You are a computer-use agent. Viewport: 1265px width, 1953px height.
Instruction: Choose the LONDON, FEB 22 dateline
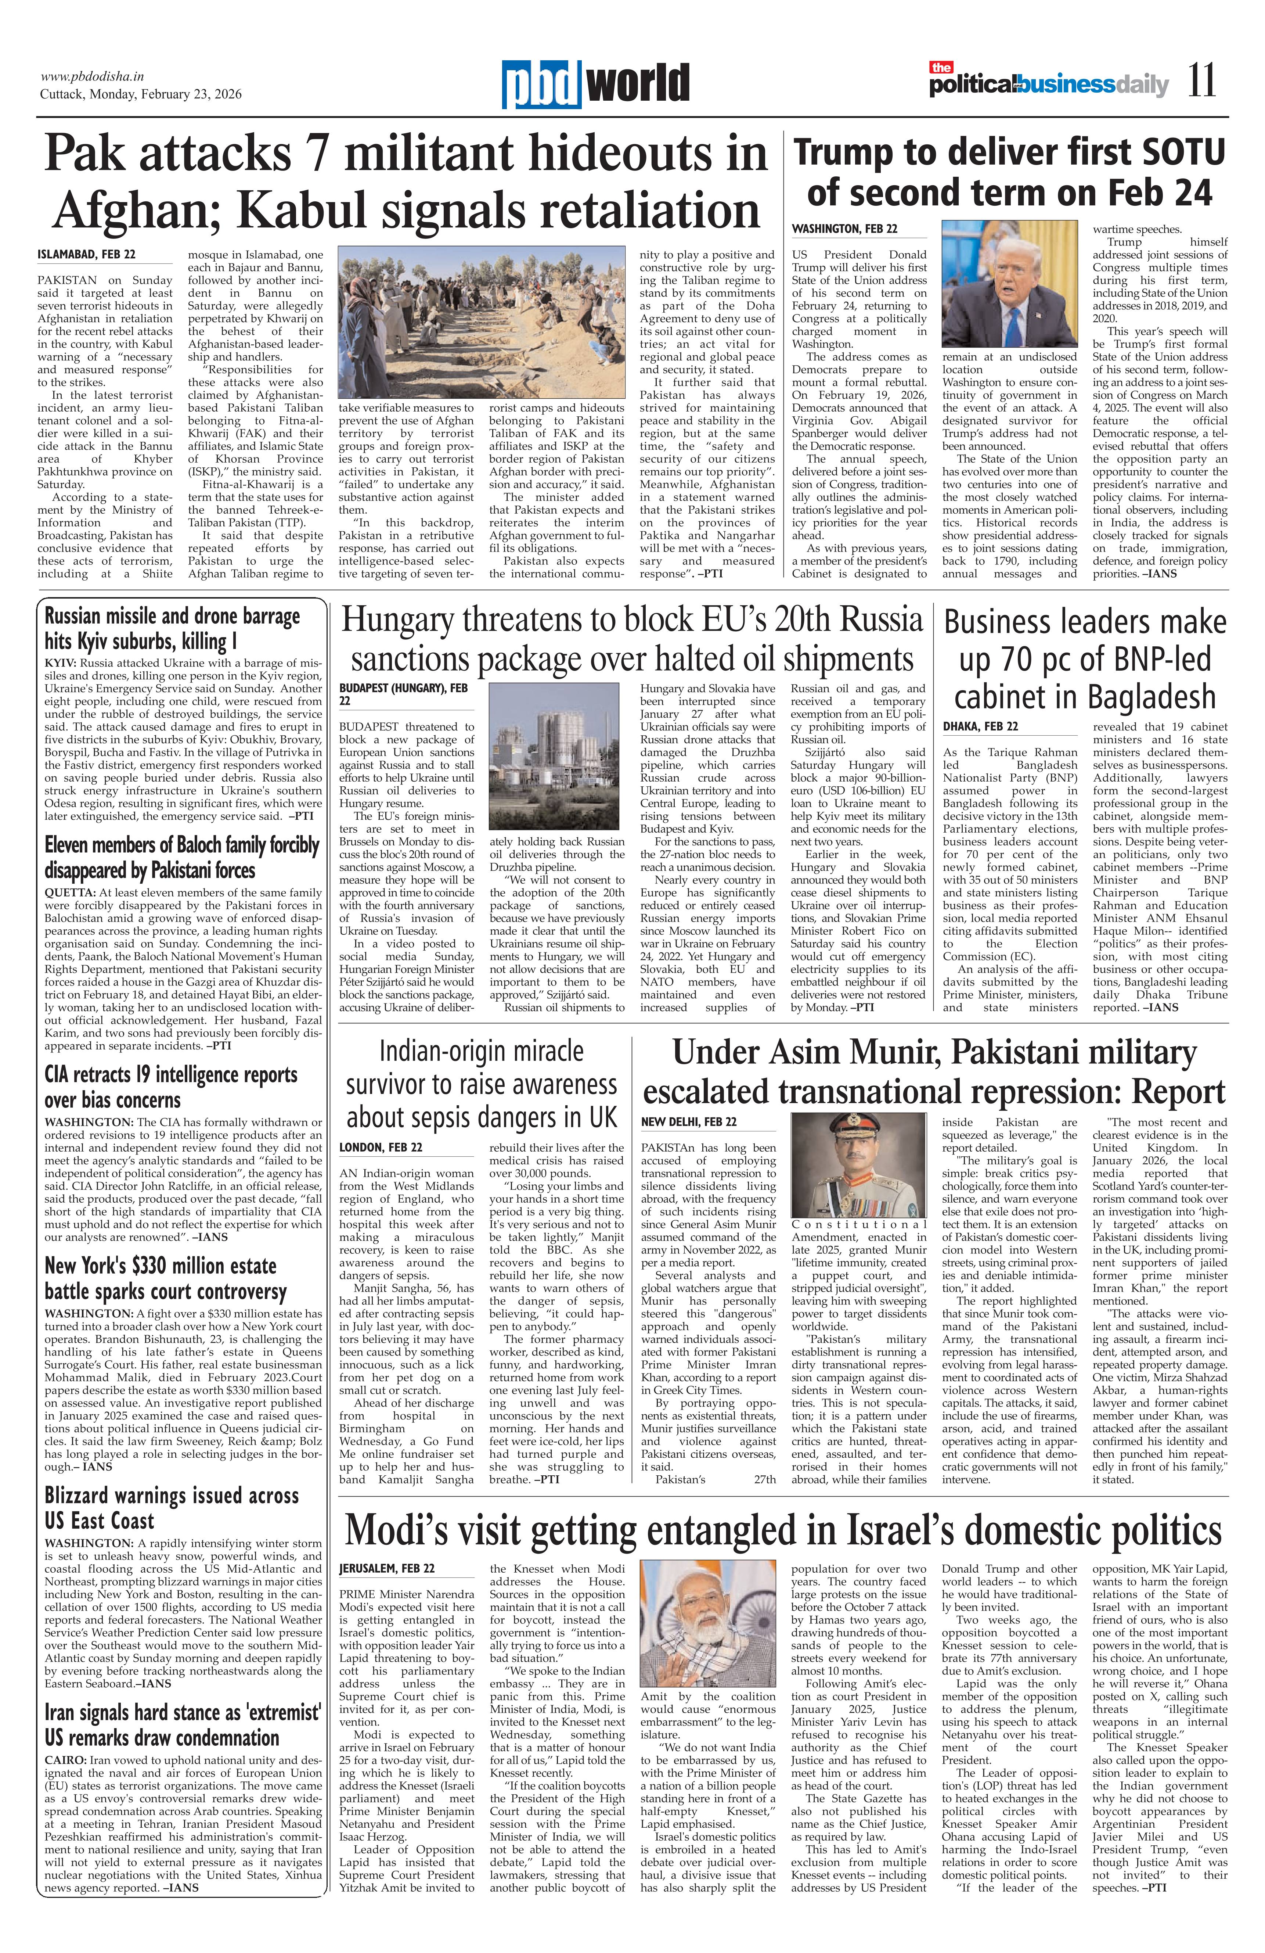381,1147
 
